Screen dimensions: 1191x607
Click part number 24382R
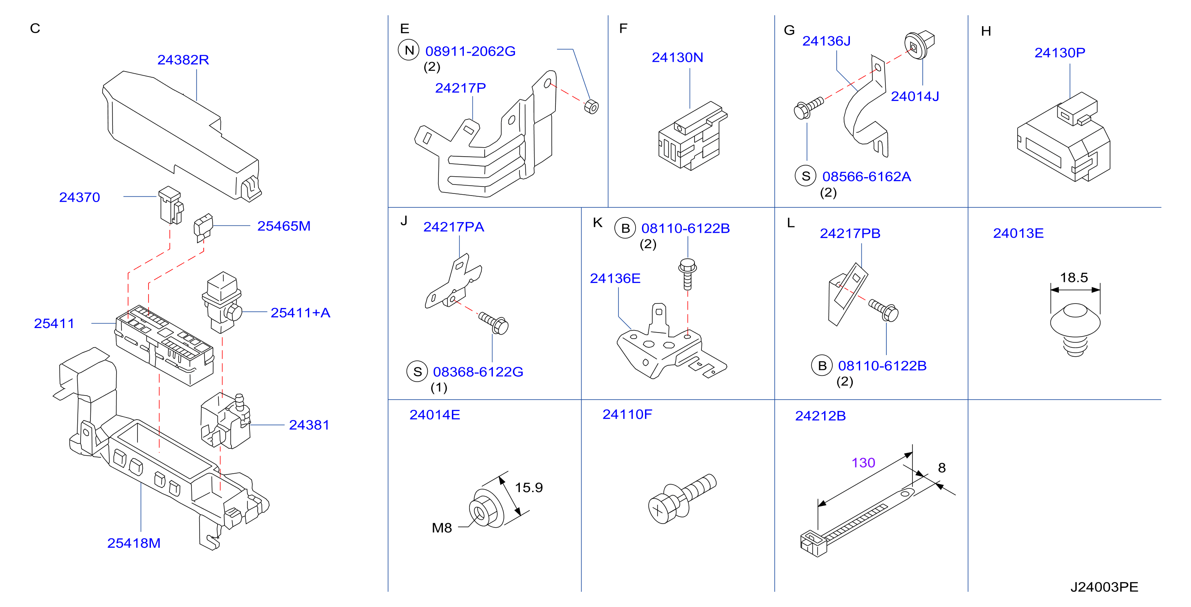click(x=183, y=60)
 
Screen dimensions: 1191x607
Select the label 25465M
click(x=284, y=226)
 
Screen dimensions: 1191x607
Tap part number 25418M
click(x=134, y=543)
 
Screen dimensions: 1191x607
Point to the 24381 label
click(x=309, y=425)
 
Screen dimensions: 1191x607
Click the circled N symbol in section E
click(x=409, y=50)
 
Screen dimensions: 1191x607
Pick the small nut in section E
click(x=591, y=107)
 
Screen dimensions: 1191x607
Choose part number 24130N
click(x=677, y=57)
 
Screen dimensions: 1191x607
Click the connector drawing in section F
click(x=692, y=136)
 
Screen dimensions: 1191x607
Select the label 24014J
click(x=915, y=96)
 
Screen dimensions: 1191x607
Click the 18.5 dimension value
click(x=1074, y=277)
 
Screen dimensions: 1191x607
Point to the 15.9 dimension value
click(x=529, y=487)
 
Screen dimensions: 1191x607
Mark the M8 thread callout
click(x=442, y=528)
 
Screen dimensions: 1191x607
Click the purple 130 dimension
click(x=863, y=463)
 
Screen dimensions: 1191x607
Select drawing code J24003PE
click(x=1104, y=587)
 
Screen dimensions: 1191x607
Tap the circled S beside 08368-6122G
click(x=417, y=372)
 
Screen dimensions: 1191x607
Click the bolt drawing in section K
click(x=688, y=274)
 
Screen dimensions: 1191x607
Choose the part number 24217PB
click(x=850, y=234)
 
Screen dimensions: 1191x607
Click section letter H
click(x=986, y=31)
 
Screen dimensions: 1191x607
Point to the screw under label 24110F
click(x=682, y=499)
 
